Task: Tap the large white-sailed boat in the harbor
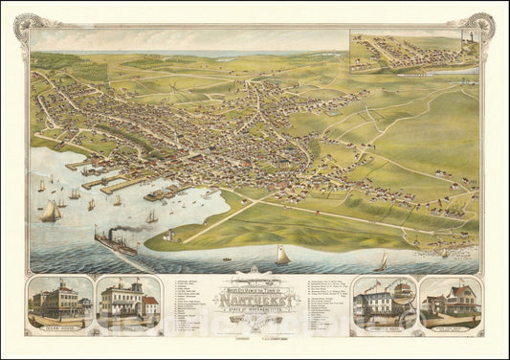coord(49,212)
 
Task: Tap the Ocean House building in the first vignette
coord(57,301)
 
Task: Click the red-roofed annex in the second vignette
coord(151,305)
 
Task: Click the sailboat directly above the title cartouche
coord(282,256)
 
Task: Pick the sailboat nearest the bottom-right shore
coord(384,261)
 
